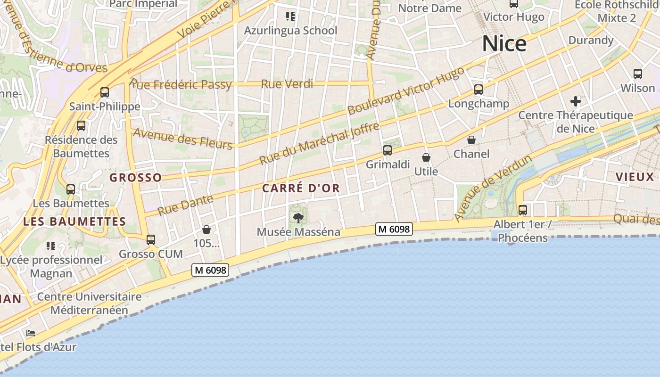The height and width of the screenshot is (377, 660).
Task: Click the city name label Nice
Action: (504, 44)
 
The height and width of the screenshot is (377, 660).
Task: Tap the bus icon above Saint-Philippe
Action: (105, 92)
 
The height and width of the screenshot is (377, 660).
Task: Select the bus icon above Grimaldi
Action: (388, 150)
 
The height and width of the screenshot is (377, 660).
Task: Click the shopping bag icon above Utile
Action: (426, 157)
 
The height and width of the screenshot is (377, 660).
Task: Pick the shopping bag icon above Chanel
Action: (471, 140)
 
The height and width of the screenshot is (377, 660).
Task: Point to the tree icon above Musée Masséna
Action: (298, 218)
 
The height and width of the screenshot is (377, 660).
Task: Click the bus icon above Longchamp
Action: (478, 90)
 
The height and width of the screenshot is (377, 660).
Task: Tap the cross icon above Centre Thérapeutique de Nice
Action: (575, 101)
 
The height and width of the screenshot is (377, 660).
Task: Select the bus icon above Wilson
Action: (638, 74)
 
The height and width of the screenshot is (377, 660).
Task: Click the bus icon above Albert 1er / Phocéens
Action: (523, 210)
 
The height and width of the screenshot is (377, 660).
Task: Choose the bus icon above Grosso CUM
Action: (151, 240)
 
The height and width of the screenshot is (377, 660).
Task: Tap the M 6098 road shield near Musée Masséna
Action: (394, 229)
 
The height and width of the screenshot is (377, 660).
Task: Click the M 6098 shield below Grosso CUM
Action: (210, 270)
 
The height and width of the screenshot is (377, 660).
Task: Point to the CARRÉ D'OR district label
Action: (301, 188)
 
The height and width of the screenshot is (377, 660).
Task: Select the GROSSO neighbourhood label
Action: (136, 178)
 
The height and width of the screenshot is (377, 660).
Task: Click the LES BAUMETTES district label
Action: (74, 221)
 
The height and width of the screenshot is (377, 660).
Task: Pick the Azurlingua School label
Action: (290, 31)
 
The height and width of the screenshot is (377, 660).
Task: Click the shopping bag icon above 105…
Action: (206, 229)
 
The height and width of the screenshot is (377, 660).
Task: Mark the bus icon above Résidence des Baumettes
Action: (81, 126)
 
